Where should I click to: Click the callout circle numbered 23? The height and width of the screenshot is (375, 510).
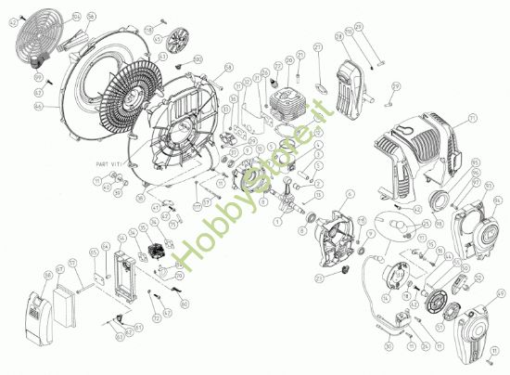pyautogui.click(x=320, y=277)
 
